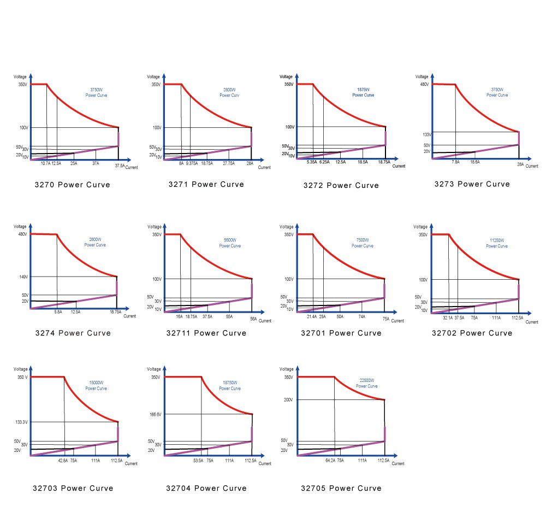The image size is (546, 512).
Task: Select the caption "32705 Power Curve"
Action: click(x=341, y=488)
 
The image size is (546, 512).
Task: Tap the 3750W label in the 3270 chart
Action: click(x=97, y=89)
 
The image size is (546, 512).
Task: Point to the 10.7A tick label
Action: click(x=45, y=163)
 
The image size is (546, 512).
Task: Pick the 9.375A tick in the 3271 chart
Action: click(x=191, y=163)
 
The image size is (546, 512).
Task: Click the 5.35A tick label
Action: click(x=312, y=162)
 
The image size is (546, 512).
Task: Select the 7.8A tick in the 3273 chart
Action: click(x=455, y=162)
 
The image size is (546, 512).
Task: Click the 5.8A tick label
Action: click(x=58, y=311)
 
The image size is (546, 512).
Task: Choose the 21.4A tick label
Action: click(x=311, y=316)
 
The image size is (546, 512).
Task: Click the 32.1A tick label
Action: click(x=448, y=317)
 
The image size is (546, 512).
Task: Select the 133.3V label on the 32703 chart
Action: click(x=22, y=422)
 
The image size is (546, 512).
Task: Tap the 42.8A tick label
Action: click(x=63, y=461)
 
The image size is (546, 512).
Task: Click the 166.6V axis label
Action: click(x=155, y=415)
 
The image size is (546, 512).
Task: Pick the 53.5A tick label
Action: click(x=198, y=461)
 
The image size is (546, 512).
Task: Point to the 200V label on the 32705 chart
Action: click(x=289, y=400)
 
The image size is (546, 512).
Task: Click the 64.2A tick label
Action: click(x=330, y=461)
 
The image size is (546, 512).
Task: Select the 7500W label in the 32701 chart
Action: click(x=363, y=240)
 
